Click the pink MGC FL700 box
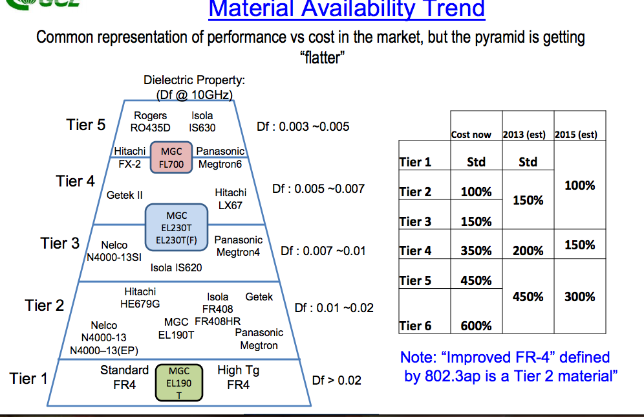coord(172,157)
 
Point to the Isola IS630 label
coord(202,122)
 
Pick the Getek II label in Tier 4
coord(125,195)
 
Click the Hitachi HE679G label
coord(140,298)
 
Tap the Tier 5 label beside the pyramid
coord(85,124)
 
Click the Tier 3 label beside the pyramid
coord(59,243)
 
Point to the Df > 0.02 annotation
coord(336,380)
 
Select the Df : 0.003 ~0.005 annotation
coord(303,127)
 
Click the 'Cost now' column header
coord(471,135)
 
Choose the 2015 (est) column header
coord(576,135)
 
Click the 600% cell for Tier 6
coord(476,326)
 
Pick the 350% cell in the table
coord(476,251)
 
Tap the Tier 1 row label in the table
coord(415,162)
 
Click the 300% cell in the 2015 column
coord(579,297)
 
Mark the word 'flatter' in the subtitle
coord(321,57)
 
